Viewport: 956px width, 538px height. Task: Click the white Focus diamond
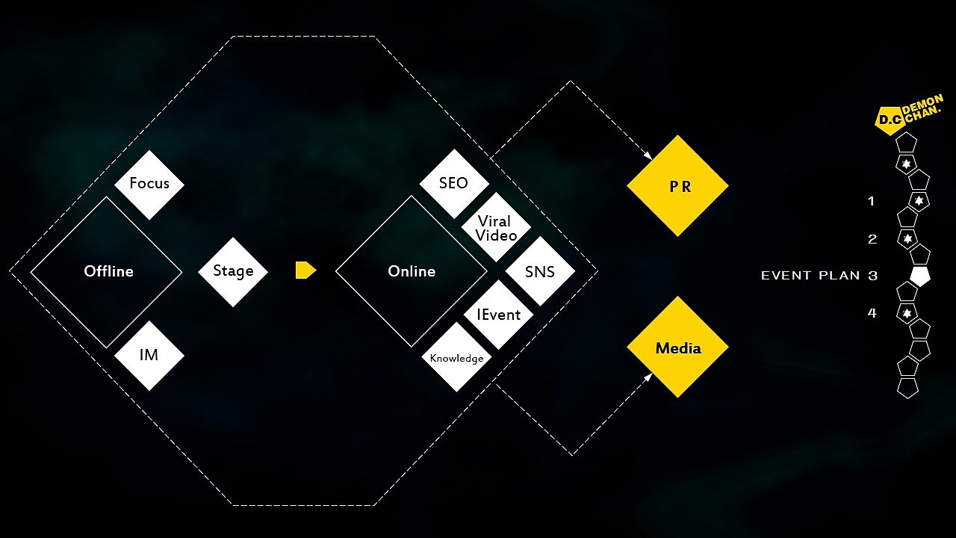pyautogui.click(x=149, y=185)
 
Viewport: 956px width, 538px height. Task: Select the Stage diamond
pyautogui.click(x=233, y=271)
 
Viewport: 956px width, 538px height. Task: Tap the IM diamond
pyautogui.click(x=149, y=356)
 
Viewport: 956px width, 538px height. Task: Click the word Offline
pyautogui.click(x=108, y=271)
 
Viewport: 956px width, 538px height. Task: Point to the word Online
pyautogui.click(x=412, y=271)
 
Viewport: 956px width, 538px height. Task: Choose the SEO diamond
pyautogui.click(x=454, y=184)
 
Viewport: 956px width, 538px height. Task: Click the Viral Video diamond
pyautogui.click(x=497, y=227)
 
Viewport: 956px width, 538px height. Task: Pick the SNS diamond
pyautogui.click(x=540, y=271)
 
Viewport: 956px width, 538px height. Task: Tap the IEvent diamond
pyautogui.click(x=498, y=315)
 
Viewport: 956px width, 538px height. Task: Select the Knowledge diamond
pyautogui.click(x=456, y=357)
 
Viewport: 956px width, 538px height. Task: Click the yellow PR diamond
pyautogui.click(x=677, y=186)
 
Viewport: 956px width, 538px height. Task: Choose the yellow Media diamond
pyautogui.click(x=677, y=347)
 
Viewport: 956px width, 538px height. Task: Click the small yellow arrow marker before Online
pyautogui.click(x=305, y=270)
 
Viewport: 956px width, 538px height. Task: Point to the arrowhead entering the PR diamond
pyautogui.click(x=648, y=155)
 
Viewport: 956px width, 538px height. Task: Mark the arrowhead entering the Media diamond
pyautogui.click(x=648, y=377)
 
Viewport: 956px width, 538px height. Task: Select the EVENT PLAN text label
pyautogui.click(x=810, y=276)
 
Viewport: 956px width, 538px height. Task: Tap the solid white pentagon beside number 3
pyautogui.click(x=919, y=276)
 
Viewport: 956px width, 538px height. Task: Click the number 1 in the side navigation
pyautogui.click(x=871, y=201)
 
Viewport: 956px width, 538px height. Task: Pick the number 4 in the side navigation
pyautogui.click(x=872, y=313)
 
